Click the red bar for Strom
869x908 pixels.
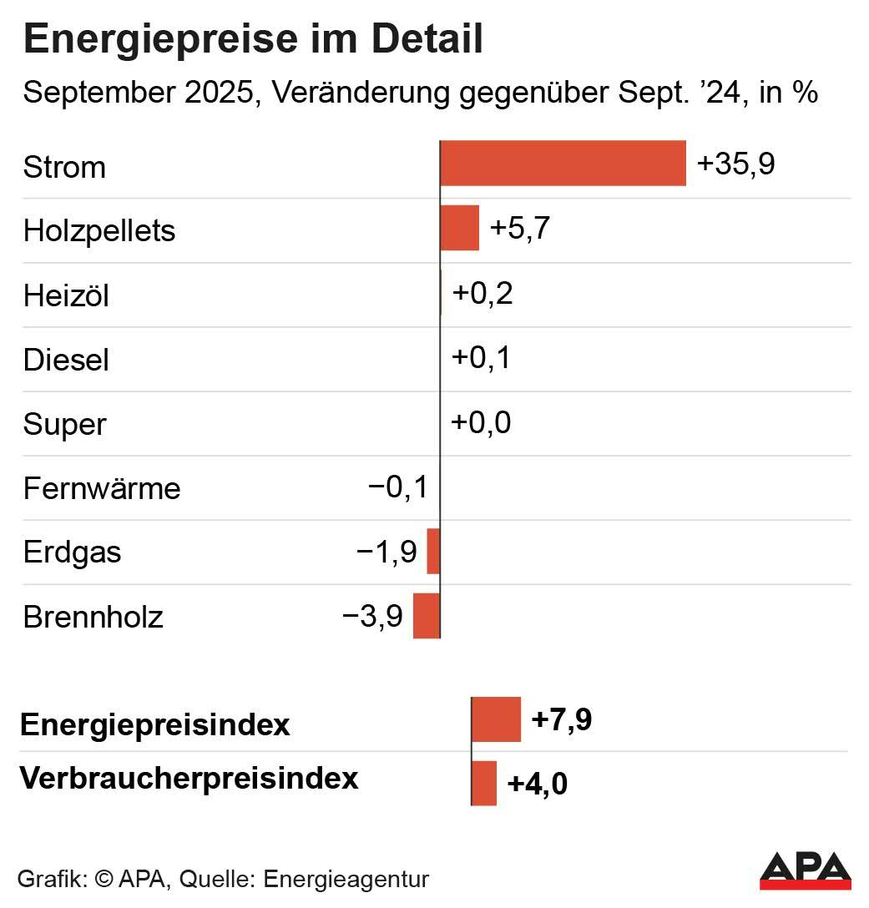(563, 164)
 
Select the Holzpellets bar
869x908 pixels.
(460, 228)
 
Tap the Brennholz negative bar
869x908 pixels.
(427, 616)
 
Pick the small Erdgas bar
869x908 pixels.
(433, 551)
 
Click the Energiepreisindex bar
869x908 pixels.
(496, 719)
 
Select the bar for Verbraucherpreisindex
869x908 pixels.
(484, 783)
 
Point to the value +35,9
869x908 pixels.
(735, 164)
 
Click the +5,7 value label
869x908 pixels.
(519, 228)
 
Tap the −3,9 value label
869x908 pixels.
(373, 617)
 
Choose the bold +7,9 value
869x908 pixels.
(561, 719)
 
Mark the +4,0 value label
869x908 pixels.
(537, 784)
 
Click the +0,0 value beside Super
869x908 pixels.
(481, 422)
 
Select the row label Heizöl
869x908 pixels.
(66, 295)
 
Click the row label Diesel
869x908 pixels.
(66, 360)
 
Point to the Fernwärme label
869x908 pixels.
(101, 488)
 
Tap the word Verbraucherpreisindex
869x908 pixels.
(189, 778)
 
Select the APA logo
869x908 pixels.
(805, 870)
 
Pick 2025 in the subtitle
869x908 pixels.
(217, 92)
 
